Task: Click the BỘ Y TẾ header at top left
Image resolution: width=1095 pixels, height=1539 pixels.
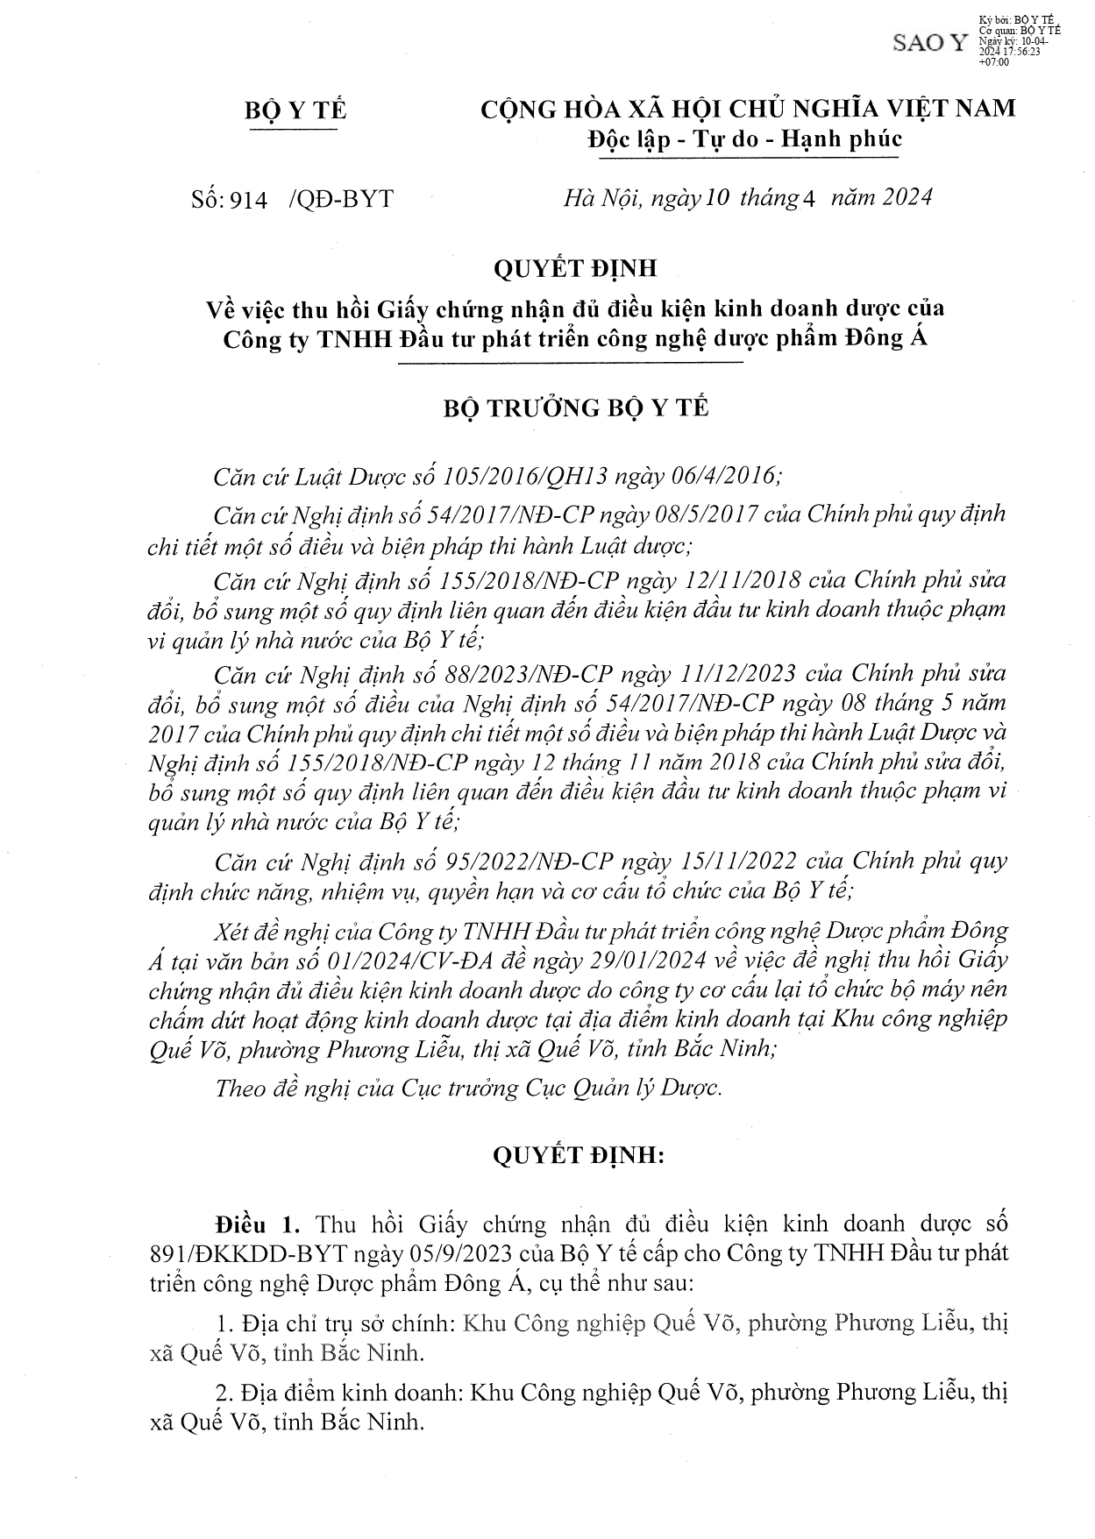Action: pos(295,110)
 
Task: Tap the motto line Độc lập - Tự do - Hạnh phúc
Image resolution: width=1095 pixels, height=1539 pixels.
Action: pos(745,138)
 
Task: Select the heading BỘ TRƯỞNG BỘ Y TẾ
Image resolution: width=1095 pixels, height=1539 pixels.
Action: pos(575,408)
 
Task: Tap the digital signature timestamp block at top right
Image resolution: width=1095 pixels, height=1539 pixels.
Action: pos(1017,40)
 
